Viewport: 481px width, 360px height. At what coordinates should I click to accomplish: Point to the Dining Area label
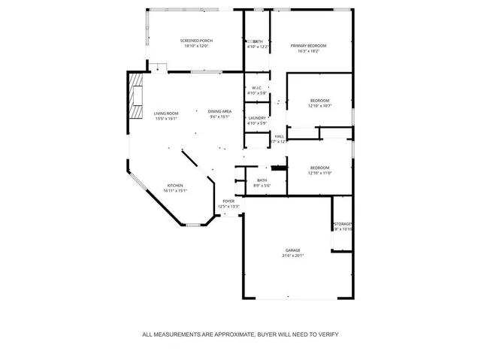(x=219, y=112)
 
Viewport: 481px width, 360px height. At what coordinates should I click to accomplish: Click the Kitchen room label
(x=175, y=185)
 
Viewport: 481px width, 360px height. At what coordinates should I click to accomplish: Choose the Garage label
(x=292, y=250)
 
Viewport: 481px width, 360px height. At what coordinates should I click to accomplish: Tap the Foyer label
(x=228, y=201)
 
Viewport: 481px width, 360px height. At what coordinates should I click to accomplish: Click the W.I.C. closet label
(x=257, y=88)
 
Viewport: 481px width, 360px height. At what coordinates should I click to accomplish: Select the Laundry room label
(x=257, y=118)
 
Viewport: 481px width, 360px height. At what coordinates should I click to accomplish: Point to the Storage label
(x=343, y=224)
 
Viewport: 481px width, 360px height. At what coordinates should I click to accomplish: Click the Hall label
(x=279, y=136)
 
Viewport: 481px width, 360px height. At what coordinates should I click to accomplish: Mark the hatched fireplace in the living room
(x=136, y=96)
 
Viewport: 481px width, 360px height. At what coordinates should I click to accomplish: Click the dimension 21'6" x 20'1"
(x=292, y=256)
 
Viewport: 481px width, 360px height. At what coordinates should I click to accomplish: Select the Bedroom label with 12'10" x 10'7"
(x=319, y=101)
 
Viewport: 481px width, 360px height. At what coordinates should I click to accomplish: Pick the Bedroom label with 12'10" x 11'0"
(x=319, y=168)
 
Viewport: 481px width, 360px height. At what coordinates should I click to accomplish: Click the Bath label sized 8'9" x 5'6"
(x=262, y=180)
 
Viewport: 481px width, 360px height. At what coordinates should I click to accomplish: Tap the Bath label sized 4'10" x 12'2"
(x=258, y=41)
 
